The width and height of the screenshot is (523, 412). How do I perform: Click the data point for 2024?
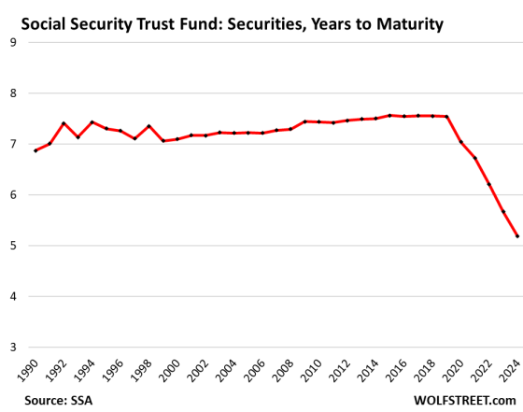pos(516,236)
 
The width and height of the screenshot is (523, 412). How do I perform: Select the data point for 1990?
pos(35,150)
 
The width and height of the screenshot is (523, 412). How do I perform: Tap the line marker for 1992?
pos(63,123)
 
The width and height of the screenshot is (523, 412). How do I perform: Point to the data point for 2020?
pos(459,142)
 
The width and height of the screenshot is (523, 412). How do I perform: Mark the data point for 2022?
pos(488,185)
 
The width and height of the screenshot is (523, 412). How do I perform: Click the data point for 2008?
pos(290,129)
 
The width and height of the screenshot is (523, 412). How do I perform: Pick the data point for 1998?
pos(148,126)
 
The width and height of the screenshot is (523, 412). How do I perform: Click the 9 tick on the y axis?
pos(13,42)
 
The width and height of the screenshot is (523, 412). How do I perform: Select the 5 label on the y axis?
pos(13,246)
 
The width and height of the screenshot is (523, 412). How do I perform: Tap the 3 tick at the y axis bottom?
pos(13,348)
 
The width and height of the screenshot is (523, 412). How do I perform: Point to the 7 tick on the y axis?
pos(13,144)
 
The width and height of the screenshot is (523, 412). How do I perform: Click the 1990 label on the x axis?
pos(30,371)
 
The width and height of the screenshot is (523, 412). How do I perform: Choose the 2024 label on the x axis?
pos(512,371)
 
